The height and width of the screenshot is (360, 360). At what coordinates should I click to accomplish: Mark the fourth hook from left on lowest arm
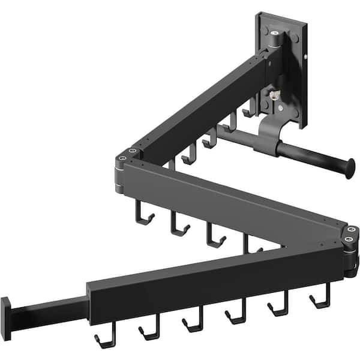(235, 315)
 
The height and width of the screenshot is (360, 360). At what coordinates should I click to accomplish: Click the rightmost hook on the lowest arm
(320, 298)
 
